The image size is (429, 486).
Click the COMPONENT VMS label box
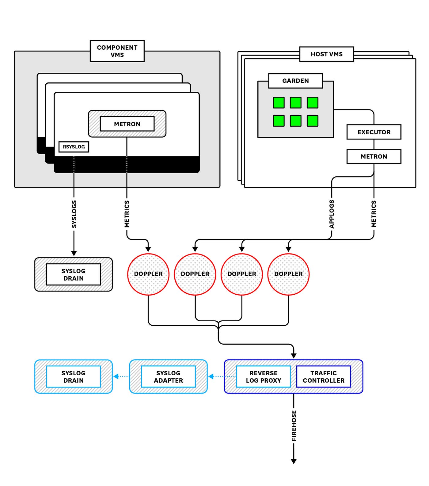(117, 51)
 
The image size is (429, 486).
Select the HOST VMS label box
(326, 54)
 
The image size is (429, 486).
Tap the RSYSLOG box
(74, 147)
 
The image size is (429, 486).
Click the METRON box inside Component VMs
(127, 124)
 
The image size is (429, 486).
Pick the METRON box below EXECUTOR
(374, 156)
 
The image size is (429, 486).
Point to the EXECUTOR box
(374, 132)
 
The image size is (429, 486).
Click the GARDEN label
(295, 81)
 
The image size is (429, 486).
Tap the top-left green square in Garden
(279, 102)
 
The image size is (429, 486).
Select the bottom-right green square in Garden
(312, 121)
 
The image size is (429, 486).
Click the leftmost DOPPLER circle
(148, 274)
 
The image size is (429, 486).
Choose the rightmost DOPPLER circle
(288, 274)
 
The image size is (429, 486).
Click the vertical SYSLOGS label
(74, 214)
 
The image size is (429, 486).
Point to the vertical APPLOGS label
(332, 214)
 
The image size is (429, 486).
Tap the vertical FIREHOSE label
(294, 426)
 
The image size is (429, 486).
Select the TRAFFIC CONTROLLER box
(324, 377)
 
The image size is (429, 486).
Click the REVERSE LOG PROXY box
(263, 377)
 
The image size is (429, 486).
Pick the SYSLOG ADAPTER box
(168, 377)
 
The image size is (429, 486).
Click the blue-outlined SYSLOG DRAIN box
(74, 377)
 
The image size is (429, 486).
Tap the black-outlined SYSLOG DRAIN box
(74, 274)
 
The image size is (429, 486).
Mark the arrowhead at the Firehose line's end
(294, 461)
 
